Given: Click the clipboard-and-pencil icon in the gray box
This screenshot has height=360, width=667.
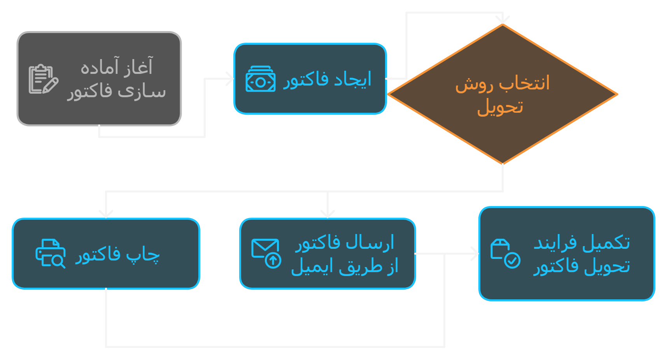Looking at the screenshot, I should (43, 79).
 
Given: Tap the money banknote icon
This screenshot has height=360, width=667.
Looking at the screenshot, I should (260, 79).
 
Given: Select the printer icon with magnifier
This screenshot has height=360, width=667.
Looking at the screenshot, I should (50, 253).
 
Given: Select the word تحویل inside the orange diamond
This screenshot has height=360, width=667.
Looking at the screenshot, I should (500, 107).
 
